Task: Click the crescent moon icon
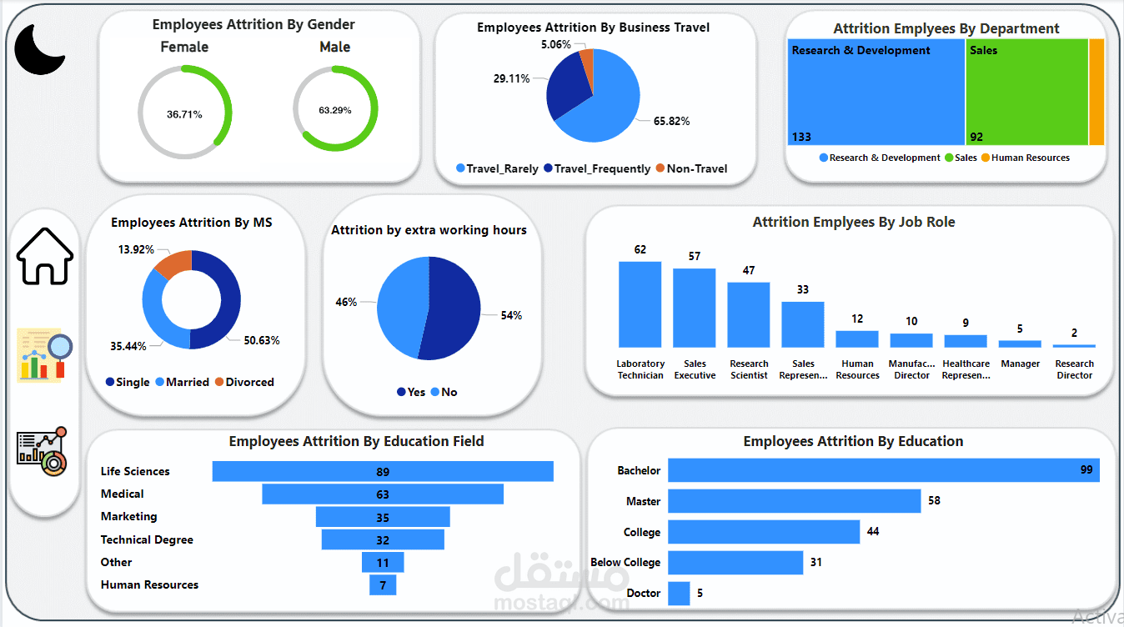[39, 49]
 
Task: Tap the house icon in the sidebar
[45, 256]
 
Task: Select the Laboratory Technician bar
[640, 304]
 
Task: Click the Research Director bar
[1074, 345]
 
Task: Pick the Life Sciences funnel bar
[383, 471]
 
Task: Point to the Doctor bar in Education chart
[679, 593]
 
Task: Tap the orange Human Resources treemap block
[1096, 93]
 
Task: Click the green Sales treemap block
[1026, 93]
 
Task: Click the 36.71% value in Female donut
[184, 113]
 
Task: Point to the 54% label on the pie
[511, 315]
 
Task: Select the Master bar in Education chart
[794, 501]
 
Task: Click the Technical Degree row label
[147, 539]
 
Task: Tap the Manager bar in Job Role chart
[1020, 344]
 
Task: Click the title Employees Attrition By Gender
[253, 24]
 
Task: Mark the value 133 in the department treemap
[801, 137]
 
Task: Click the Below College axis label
[625, 562]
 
